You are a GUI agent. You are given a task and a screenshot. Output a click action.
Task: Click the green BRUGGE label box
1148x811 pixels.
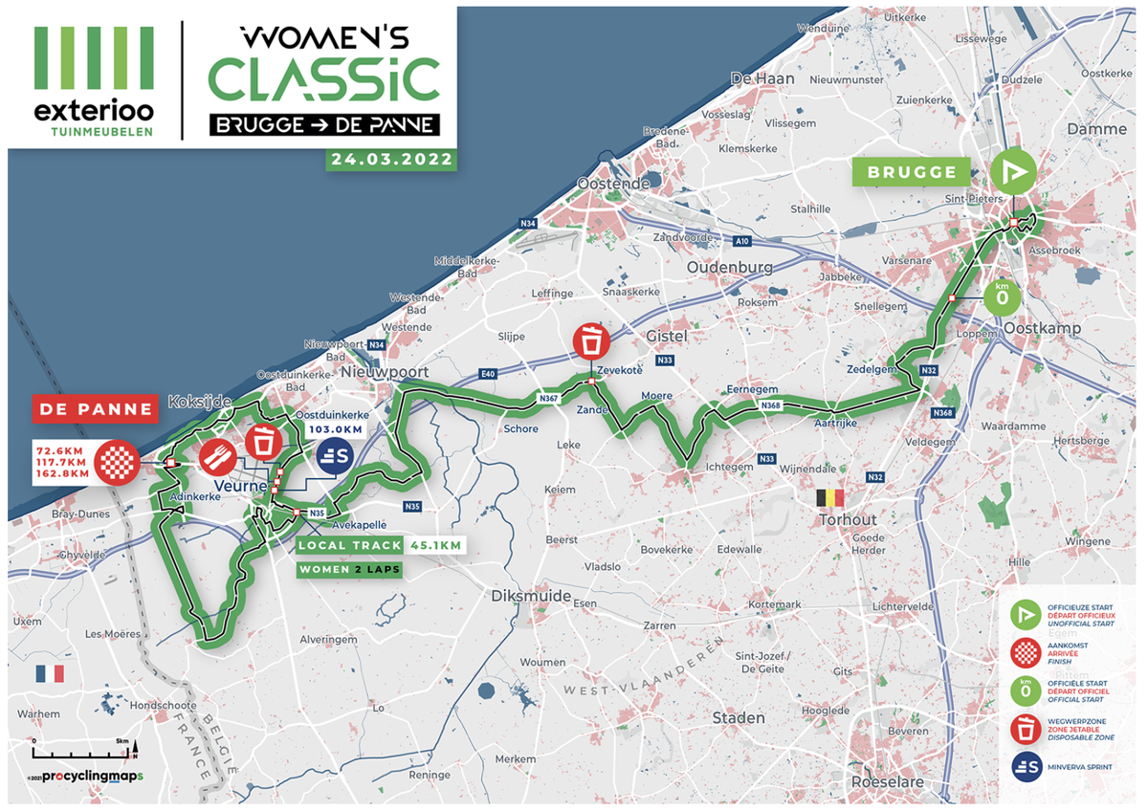(912, 173)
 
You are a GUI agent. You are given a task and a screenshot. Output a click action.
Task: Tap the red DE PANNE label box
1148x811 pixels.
(96, 409)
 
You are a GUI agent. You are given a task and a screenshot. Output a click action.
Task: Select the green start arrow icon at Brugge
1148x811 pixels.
(1012, 172)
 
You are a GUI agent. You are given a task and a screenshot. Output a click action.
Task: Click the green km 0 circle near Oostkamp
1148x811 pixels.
(1002, 295)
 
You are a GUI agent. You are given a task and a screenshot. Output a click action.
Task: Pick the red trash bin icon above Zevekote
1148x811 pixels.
(592, 343)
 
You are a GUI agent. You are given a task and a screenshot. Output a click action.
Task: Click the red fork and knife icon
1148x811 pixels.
(218, 458)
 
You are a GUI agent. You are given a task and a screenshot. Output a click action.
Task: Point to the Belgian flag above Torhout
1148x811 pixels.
(830, 498)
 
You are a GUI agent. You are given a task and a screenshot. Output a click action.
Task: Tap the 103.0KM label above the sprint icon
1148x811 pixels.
(334, 431)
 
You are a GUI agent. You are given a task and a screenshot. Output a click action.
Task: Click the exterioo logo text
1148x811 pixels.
(94, 109)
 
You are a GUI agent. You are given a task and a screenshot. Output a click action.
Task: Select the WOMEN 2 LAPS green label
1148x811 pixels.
(347, 569)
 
